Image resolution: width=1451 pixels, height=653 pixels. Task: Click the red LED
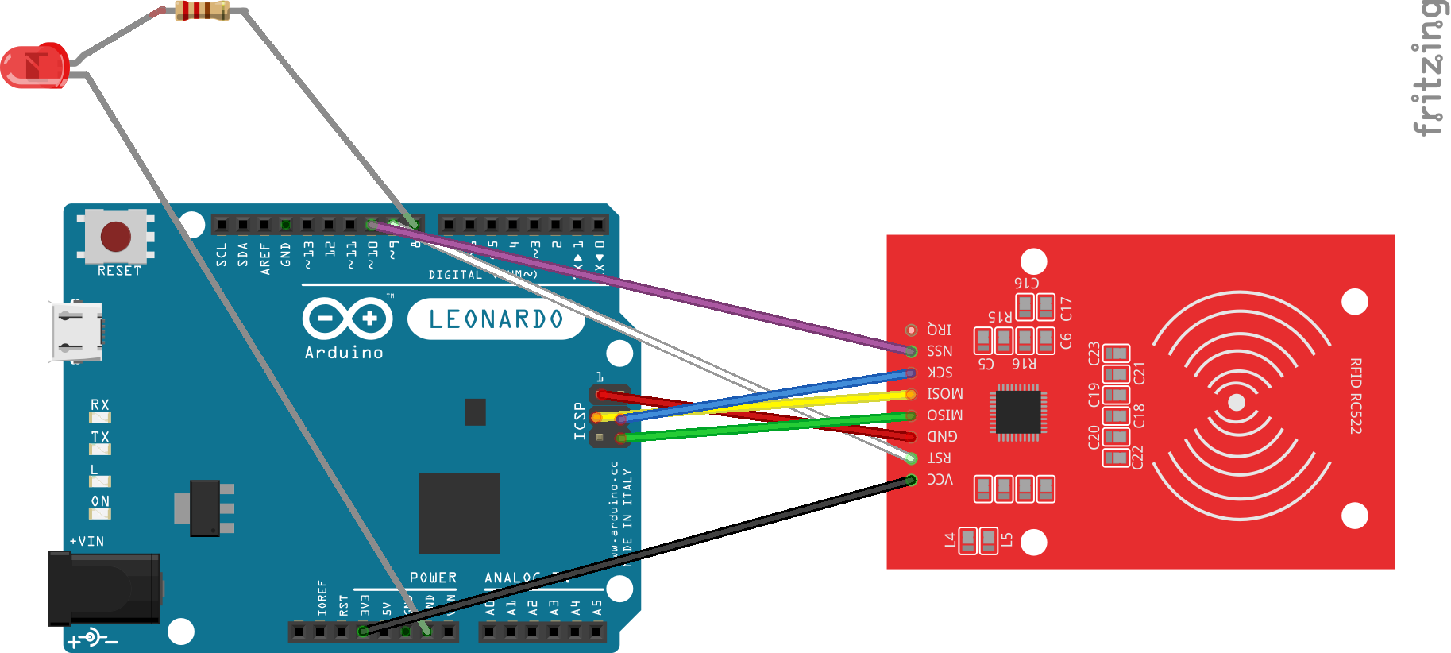34,66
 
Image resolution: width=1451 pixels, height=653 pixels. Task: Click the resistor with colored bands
202,10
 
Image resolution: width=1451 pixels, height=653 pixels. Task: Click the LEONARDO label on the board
496,319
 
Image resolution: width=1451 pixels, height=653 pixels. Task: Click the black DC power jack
104,589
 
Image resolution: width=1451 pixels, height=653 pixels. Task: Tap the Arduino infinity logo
347,319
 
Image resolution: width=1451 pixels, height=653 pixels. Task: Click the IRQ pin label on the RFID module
939,329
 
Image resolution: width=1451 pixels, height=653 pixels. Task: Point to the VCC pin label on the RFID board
940,479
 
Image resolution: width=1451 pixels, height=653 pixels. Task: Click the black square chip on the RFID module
1017,412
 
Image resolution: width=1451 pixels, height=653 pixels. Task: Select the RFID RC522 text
1355,396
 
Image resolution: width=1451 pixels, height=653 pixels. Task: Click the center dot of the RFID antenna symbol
1236,403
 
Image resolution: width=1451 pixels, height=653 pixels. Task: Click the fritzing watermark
1430,68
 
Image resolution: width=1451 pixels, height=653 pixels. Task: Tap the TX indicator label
100,437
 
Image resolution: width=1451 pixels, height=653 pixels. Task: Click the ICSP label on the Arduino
580,420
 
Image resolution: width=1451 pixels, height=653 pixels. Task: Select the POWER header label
433,578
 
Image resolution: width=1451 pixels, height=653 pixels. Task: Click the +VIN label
87,542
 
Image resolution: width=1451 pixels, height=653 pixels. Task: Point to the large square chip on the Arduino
459,513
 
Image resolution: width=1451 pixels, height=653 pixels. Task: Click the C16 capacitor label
1026,283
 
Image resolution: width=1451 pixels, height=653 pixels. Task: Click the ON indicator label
100,501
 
